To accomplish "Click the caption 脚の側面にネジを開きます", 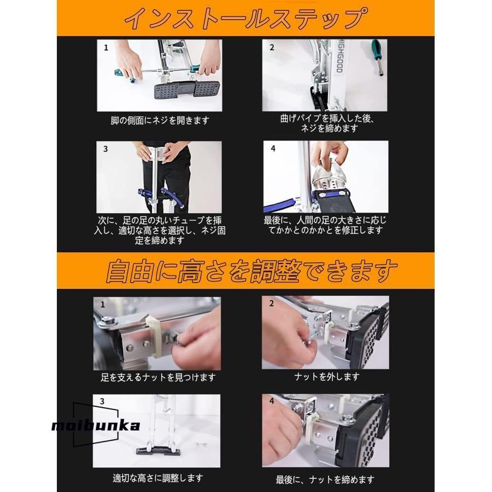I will [x=159, y=120].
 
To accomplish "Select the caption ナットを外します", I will [x=326, y=377].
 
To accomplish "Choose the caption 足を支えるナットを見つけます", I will [x=158, y=377].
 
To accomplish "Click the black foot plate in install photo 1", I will [x=185, y=90].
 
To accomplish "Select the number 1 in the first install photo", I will [x=106, y=48].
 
